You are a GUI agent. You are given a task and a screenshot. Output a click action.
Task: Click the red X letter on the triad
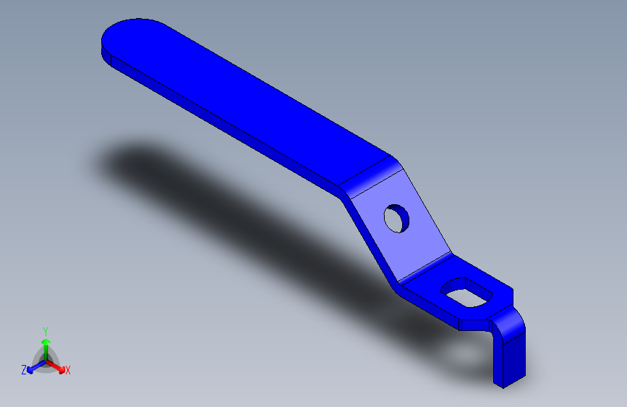(x=68, y=371)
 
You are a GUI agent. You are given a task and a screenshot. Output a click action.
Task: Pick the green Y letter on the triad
(x=46, y=330)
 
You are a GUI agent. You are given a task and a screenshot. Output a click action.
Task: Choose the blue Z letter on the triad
(x=24, y=370)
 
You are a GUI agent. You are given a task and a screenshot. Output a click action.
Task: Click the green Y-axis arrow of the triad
(x=46, y=345)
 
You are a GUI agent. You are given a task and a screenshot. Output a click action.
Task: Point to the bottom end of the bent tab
(x=509, y=380)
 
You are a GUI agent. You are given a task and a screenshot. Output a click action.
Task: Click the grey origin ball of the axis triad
(x=46, y=358)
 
